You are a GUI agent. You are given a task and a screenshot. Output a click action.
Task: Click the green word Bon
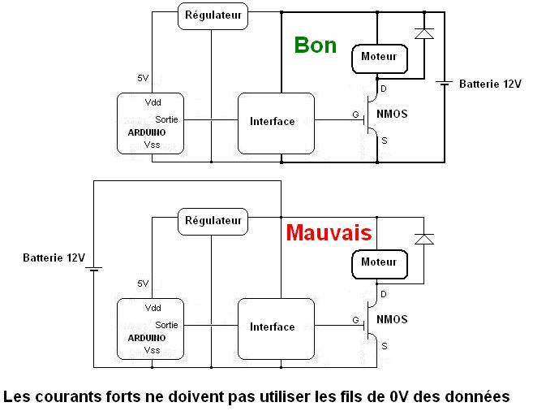coord(315,45)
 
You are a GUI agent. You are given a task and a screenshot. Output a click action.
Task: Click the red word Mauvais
coord(329,234)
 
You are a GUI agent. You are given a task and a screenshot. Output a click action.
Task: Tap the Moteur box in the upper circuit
coord(378,57)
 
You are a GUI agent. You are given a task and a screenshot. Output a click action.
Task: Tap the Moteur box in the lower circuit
coord(378,262)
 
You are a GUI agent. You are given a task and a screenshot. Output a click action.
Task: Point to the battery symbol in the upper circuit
coord(444,83)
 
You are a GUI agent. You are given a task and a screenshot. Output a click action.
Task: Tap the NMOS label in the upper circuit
coord(393,115)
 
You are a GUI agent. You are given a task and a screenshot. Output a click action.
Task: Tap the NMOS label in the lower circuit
coord(393,320)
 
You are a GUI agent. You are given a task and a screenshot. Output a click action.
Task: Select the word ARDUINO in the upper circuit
coord(147,132)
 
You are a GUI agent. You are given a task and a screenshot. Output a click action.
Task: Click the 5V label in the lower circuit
coord(143,283)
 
